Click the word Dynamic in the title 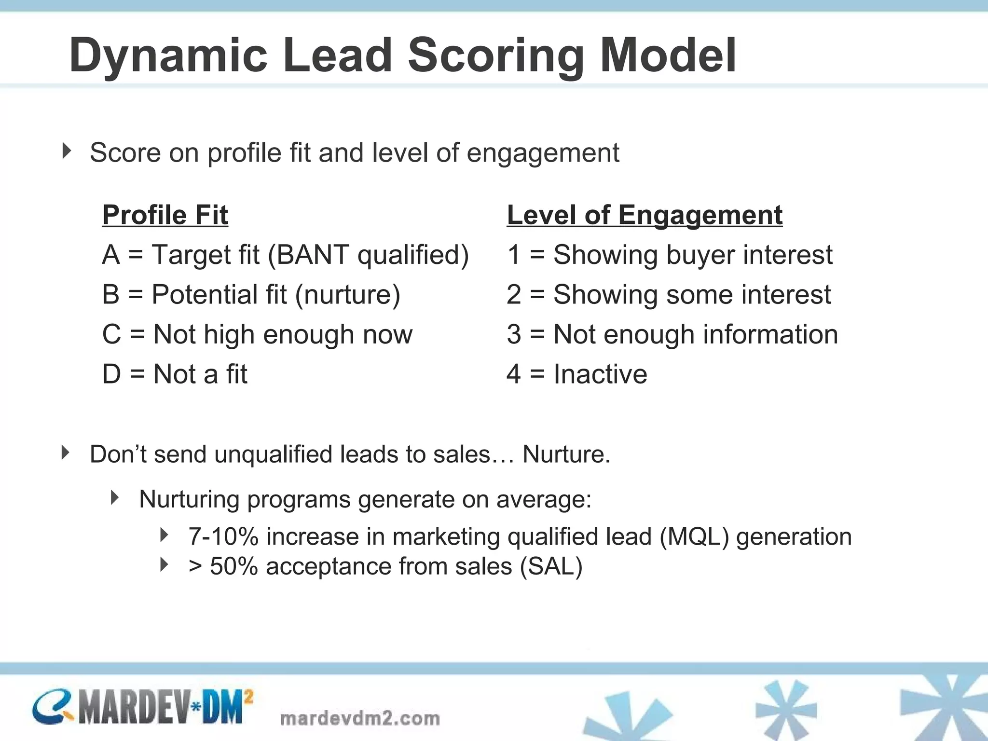(x=168, y=55)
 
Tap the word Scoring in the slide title (x=496, y=55)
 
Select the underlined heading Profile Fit (x=165, y=215)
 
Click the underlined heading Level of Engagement (x=645, y=215)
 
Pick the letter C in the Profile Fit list (x=112, y=334)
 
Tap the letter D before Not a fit (x=112, y=374)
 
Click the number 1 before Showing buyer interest (x=514, y=255)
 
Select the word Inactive (x=600, y=374)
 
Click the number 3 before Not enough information (x=514, y=334)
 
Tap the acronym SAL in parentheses (x=551, y=566)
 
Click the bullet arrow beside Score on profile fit (x=67, y=151)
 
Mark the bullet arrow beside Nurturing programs (x=115, y=497)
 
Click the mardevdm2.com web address (x=360, y=718)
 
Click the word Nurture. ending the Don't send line (x=566, y=454)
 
